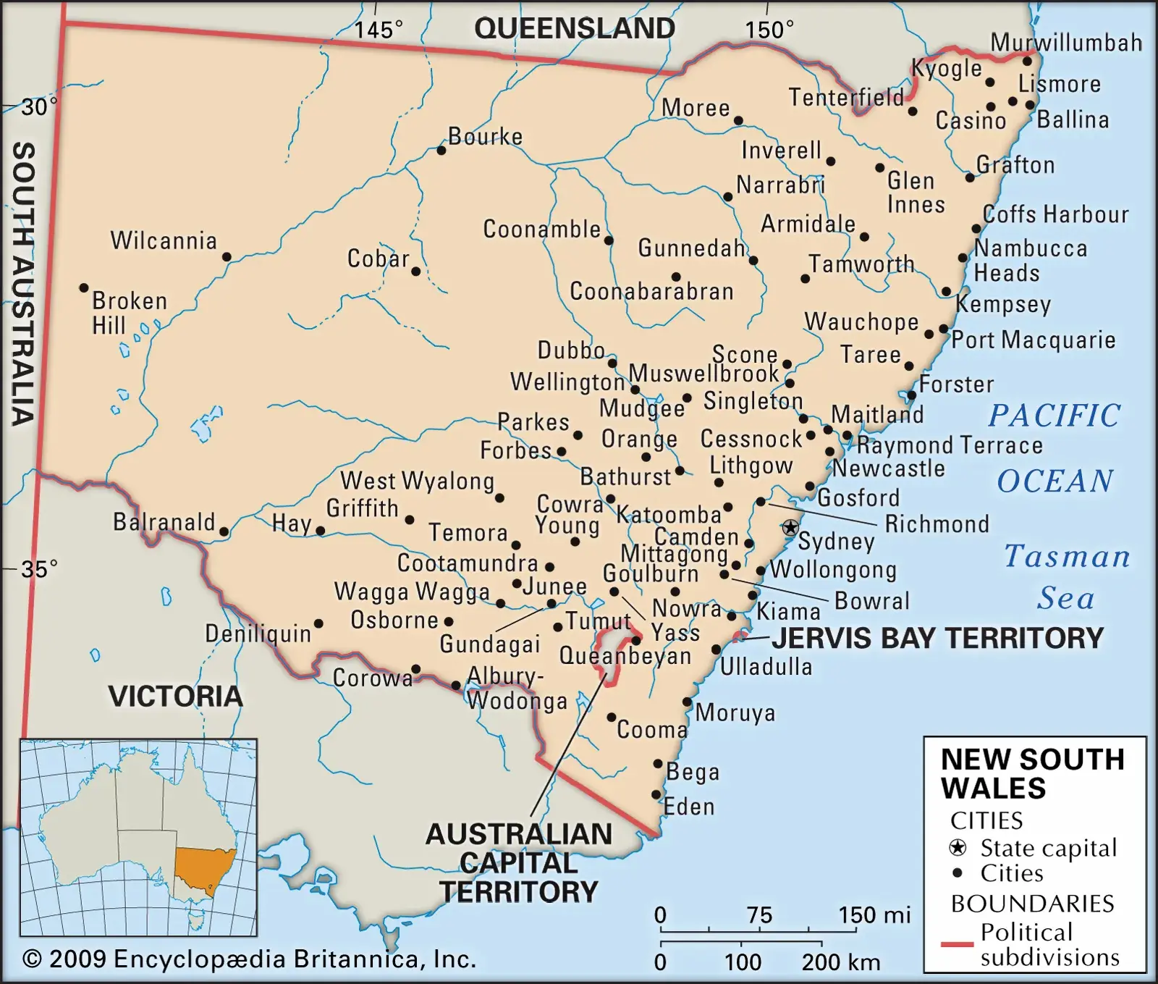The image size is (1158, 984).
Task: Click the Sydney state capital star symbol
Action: click(x=790, y=527)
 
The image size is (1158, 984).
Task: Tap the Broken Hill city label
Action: click(x=129, y=313)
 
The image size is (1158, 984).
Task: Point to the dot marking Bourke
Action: click(x=441, y=151)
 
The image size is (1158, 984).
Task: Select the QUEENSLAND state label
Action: click(x=574, y=29)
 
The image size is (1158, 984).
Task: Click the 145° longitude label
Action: click(x=378, y=30)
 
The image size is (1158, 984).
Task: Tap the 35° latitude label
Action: click(x=38, y=569)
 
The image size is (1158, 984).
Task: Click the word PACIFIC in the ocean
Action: click(x=1054, y=416)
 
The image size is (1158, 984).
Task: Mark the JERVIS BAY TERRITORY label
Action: click(x=937, y=638)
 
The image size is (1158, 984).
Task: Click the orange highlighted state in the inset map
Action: click(x=203, y=869)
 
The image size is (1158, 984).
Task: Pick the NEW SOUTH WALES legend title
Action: click(x=1032, y=773)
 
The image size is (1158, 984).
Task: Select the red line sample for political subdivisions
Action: click(x=956, y=944)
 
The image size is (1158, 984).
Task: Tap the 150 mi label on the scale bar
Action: click(x=874, y=915)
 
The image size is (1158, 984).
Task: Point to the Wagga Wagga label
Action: click(x=412, y=592)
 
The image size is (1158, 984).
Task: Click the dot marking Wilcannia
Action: click(x=227, y=256)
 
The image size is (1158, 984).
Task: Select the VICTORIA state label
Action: click(x=175, y=697)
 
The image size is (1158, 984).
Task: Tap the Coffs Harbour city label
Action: click(x=1055, y=214)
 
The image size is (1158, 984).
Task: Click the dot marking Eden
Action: click(x=656, y=794)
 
